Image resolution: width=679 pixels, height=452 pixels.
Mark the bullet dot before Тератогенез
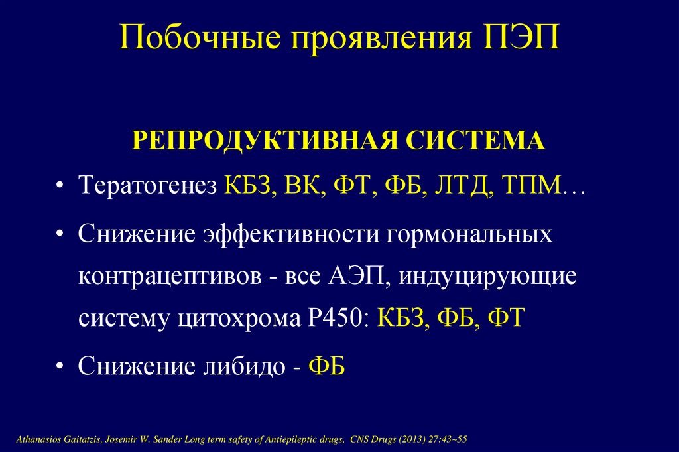[60, 186]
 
